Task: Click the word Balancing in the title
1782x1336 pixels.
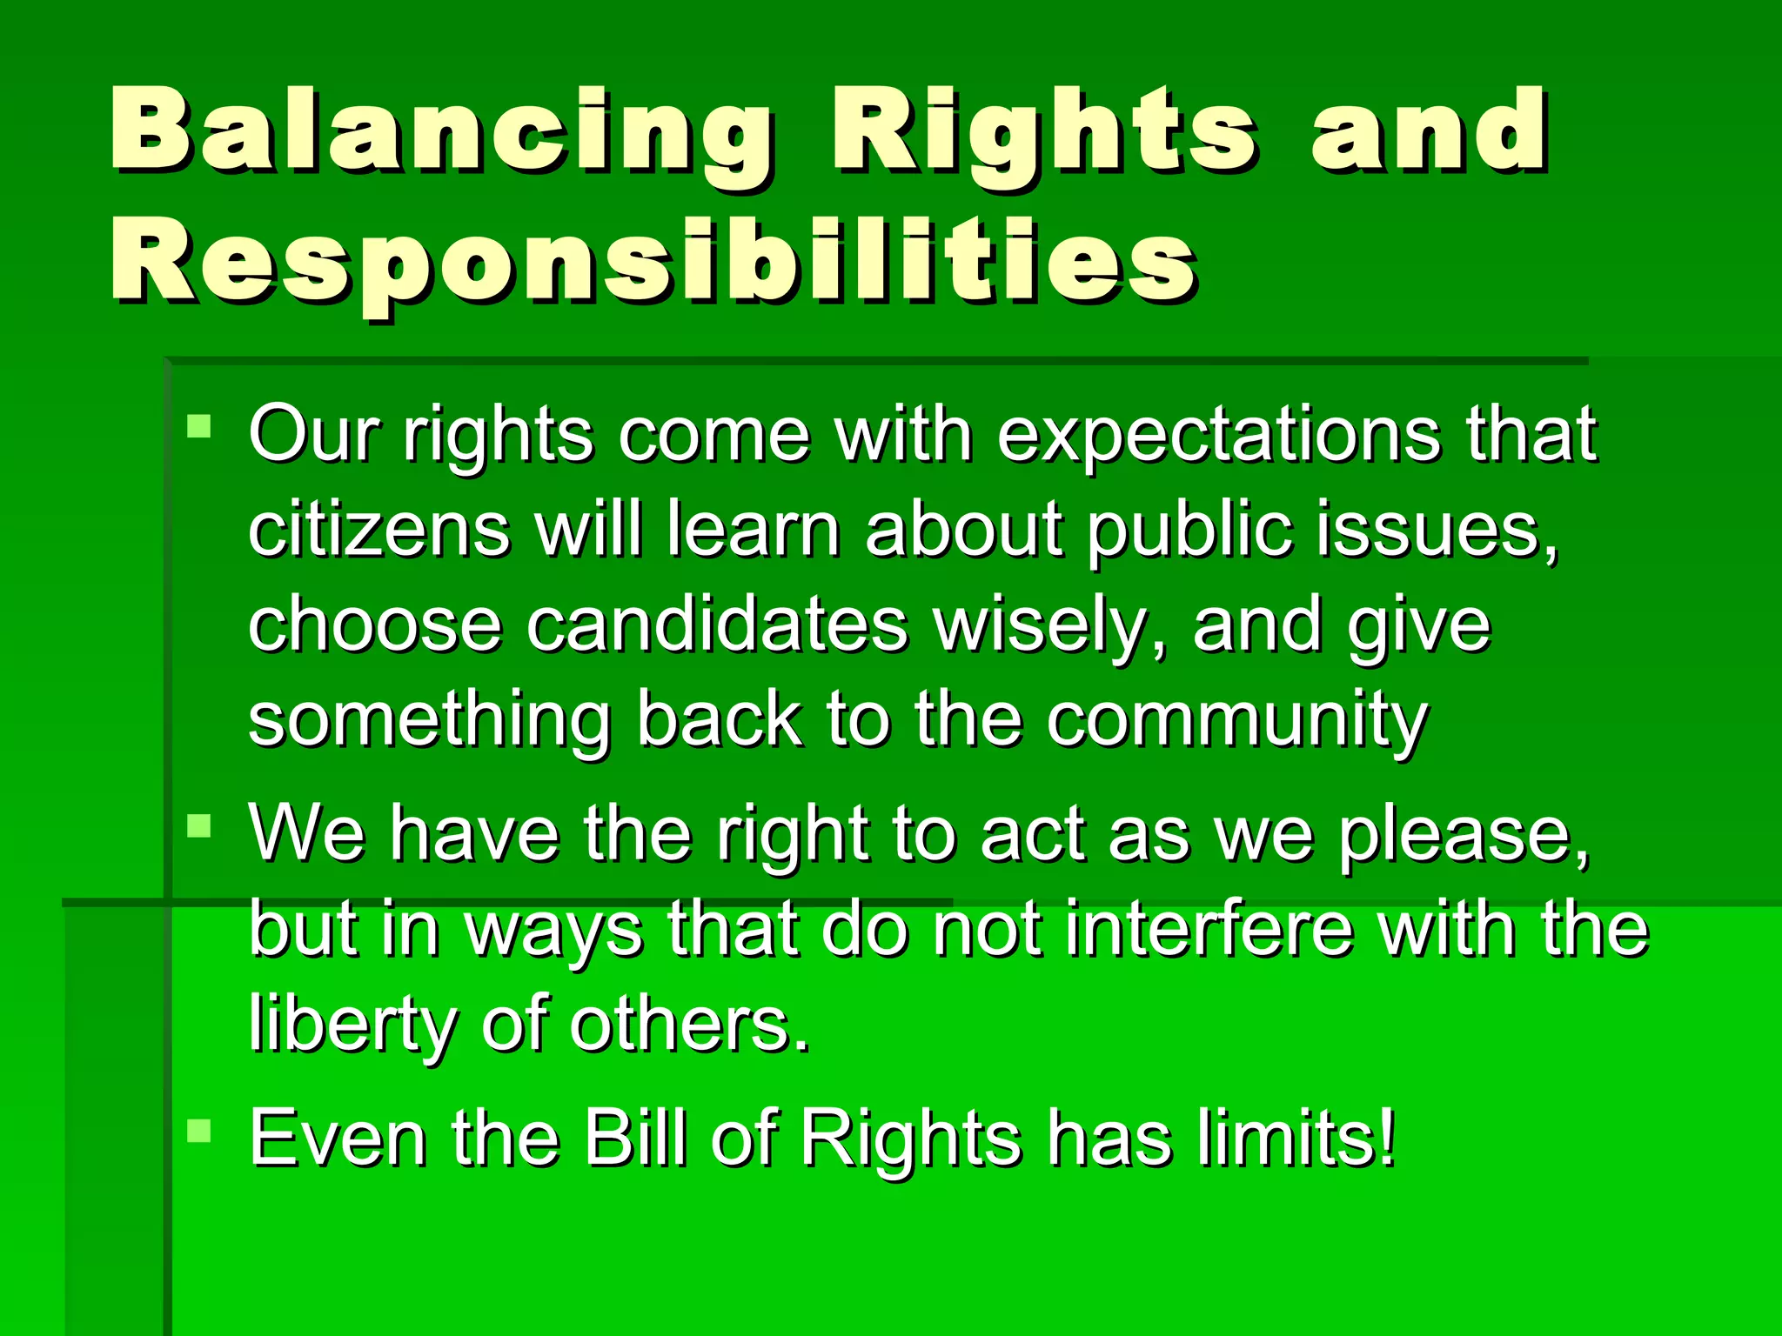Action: tap(439, 130)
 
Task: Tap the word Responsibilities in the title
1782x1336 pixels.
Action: tap(653, 261)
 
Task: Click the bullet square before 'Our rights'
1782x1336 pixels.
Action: tap(199, 426)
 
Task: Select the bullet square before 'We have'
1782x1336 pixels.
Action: tap(199, 825)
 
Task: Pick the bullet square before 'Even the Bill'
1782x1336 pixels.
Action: tap(199, 1130)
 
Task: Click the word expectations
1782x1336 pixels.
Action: tap(1218, 435)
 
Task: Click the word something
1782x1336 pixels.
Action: tap(430, 722)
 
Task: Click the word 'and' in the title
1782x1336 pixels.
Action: tap(1428, 130)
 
